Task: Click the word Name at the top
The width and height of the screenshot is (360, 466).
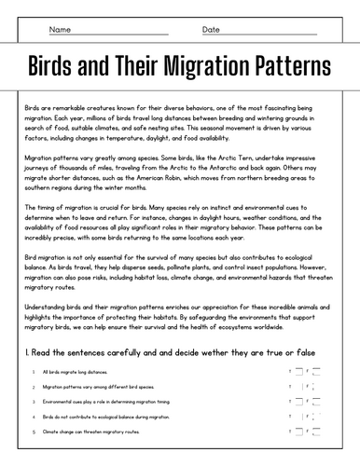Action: pos(60,30)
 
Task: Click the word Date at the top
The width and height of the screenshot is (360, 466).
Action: pos(211,30)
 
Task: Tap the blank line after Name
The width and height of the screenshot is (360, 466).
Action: pos(121,34)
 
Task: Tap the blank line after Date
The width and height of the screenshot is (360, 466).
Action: pos(270,34)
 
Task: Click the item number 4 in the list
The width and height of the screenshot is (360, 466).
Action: pos(33,417)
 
